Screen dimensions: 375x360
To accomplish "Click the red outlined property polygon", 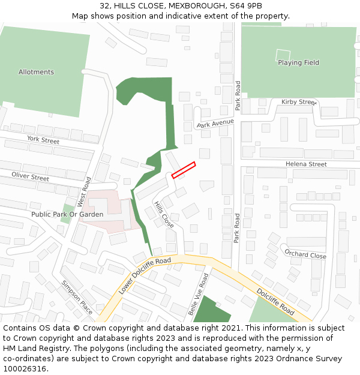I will click(x=184, y=170).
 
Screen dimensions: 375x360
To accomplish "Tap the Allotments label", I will click(x=36, y=72).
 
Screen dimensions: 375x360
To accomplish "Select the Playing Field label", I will click(x=298, y=62).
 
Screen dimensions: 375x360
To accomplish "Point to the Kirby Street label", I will click(x=298, y=102).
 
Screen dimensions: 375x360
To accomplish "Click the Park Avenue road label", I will click(x=215, y=124).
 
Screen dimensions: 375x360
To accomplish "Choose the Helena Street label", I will click(x=306, y=164).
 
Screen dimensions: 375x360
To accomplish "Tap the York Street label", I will click(x=43, y=140).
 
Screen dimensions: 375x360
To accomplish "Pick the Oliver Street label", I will click(x=31, y=177).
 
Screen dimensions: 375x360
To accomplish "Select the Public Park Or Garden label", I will click(x=67, y=214).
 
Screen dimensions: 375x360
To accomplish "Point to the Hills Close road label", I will click(x=164, y=214).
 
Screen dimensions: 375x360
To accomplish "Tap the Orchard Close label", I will click(x=305, y=254).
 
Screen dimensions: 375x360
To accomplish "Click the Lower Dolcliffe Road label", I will click(x=145, y=275).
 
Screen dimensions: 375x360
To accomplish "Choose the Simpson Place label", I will click(x=77, y=297).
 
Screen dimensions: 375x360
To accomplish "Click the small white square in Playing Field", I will click(x=283, y=55).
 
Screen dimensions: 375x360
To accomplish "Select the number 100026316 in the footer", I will click(x=25, y=368).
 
